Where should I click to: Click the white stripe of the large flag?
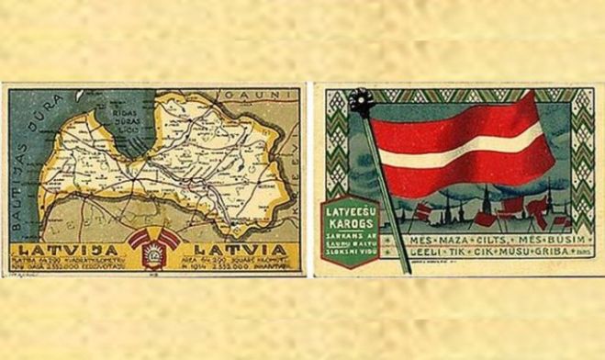pyautogui.click(x=459, y=152)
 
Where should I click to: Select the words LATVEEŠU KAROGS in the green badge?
pyautogui.click(x=348, y=218)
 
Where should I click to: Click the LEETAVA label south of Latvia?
pyautogui.click(x=100, y=221)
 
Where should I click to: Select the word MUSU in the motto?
pyautogui.click(x=499, y=256)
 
